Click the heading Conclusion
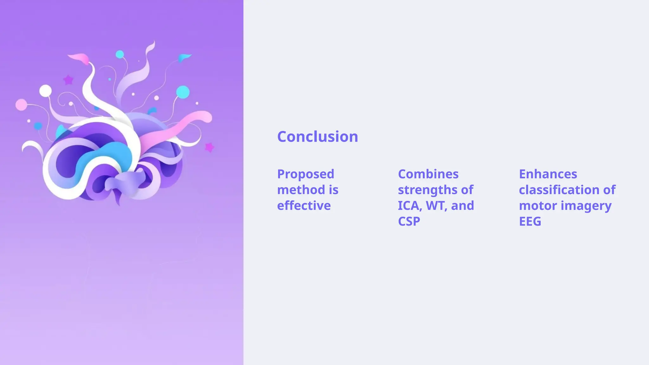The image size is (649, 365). pos(318,137)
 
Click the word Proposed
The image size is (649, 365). pos(305,174)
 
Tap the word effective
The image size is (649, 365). pos(304,206)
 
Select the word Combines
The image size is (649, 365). pos(428,174)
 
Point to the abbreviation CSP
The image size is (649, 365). pos(409,221)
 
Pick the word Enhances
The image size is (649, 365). pos(548,174)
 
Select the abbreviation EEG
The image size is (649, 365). pos(530,221)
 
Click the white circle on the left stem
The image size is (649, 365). pos(45,91)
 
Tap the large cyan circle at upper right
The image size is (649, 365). pos(183,92)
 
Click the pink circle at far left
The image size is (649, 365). pos(21,105)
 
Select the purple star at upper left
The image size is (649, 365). pos(68,80)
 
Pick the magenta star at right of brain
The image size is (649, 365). pos(209,147)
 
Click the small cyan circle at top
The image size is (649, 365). pos(119,54)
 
